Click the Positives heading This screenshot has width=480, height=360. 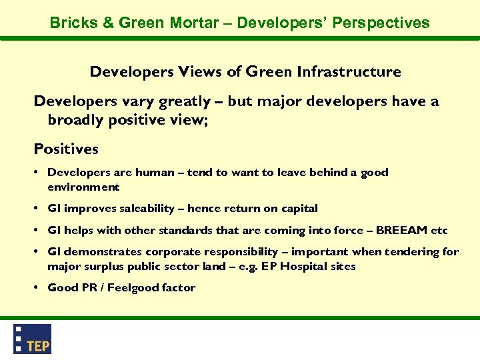(x=66, y=149)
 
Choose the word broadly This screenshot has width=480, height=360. (x=73, y=119)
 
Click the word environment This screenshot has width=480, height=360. (x=83, y=187)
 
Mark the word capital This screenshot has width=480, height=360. (x=299, y=209)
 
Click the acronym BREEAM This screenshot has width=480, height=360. (x=403, y=231)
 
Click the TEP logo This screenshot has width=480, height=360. (x=32, y=339)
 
